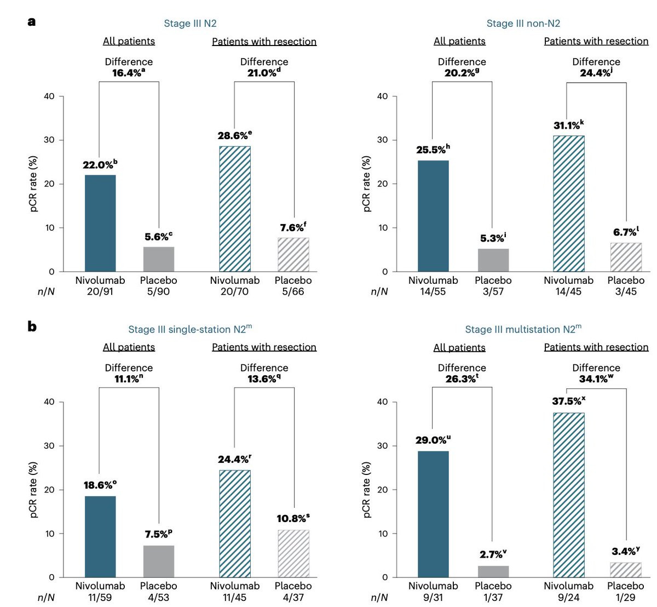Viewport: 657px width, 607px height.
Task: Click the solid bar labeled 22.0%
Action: click(x=100, y=223)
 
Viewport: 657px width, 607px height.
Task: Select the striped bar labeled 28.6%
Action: click(x=235, y=209)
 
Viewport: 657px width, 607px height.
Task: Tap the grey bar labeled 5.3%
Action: click(x=493, y=260)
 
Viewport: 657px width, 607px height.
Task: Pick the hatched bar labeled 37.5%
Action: click(x=569, y=495)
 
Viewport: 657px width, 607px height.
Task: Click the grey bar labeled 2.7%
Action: click(x=493, y=572)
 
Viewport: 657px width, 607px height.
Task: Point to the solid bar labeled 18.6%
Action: click(x=100, y=537)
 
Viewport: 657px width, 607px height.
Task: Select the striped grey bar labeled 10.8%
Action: click(x=293, y=554)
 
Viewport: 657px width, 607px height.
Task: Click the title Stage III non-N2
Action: click(x=523, y=24)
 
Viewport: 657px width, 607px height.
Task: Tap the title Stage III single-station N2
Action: click(x=190, y=329)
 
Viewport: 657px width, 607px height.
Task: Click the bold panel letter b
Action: click(x=32, y=327)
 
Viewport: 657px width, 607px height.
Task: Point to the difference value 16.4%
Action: click(x=128, y=72)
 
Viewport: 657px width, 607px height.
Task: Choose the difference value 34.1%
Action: click(x=596, y=379)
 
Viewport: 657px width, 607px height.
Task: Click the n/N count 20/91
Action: click(x=100, y=291)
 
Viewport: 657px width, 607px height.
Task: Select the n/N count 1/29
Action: click(x=625, y=597)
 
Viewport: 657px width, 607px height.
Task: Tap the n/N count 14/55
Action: click(x=433, y=291)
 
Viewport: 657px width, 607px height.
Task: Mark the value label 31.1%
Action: click(x=568, y=125)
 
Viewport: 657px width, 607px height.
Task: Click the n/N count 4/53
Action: click(x=158, y=597)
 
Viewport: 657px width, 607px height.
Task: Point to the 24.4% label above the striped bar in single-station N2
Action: click(x=234, y=459)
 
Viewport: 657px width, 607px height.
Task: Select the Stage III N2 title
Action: click(x=190, y=24)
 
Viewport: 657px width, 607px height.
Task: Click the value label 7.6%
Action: click(x=293, y=227)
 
